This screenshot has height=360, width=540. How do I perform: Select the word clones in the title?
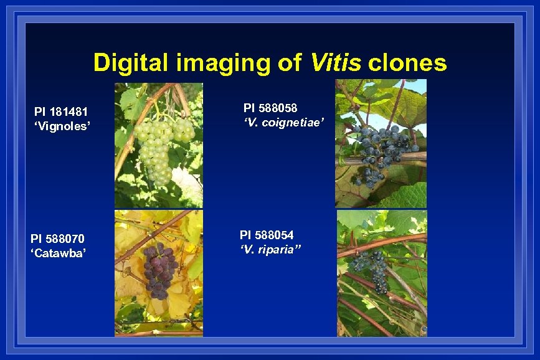click(407, 63)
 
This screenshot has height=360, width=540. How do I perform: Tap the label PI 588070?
click(58, 239)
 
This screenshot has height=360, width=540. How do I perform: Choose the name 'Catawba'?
click(59, 252)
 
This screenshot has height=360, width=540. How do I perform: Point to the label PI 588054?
click(267, 235)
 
